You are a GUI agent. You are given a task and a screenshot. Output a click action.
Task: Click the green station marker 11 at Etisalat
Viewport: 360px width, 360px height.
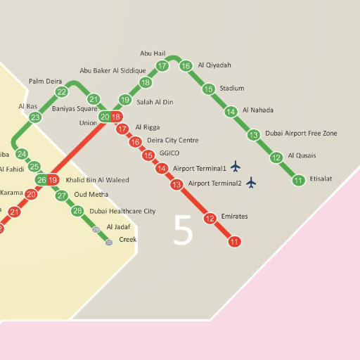point(299,181)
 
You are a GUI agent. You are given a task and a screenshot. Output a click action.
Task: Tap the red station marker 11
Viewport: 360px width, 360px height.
point(235,242)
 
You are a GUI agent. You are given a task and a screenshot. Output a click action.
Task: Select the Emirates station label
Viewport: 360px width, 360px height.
point(234,217)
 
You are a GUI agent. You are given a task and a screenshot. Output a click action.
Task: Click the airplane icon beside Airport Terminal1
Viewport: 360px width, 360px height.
point(236,167)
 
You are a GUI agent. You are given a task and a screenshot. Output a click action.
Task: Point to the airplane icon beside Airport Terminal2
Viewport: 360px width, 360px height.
point(251,183)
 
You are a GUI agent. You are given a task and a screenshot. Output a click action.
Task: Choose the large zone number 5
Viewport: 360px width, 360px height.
point(183,231)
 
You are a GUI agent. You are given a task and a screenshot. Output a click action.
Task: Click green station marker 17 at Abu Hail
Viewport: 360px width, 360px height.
point(162,67)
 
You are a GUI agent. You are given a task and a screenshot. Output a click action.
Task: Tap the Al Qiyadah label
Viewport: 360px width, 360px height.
point(214,65)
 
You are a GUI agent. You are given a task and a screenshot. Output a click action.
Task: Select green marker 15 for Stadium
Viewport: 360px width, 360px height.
point(208,89)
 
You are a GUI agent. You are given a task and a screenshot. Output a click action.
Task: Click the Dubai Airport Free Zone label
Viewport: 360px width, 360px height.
point(301,133)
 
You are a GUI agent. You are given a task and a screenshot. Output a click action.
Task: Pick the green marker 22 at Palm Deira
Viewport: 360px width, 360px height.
point(62,92)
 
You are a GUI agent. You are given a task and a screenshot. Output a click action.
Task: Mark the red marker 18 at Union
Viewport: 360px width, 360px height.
point(117,117)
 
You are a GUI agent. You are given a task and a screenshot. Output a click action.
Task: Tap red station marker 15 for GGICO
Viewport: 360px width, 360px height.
point(148,155)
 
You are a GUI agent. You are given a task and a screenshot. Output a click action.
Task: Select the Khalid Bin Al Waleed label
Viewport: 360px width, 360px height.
point(97,180)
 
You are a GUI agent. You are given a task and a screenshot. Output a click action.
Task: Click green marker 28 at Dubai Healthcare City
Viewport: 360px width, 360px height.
point(77,211)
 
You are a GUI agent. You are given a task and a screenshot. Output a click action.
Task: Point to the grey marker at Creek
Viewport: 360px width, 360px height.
point(109,242)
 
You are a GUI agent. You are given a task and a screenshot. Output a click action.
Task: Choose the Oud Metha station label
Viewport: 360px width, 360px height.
point(91,195)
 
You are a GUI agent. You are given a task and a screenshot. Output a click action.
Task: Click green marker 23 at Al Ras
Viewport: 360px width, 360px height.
point(35,117)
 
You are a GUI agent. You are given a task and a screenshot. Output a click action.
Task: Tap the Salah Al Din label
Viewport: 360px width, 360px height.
point(155,102)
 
